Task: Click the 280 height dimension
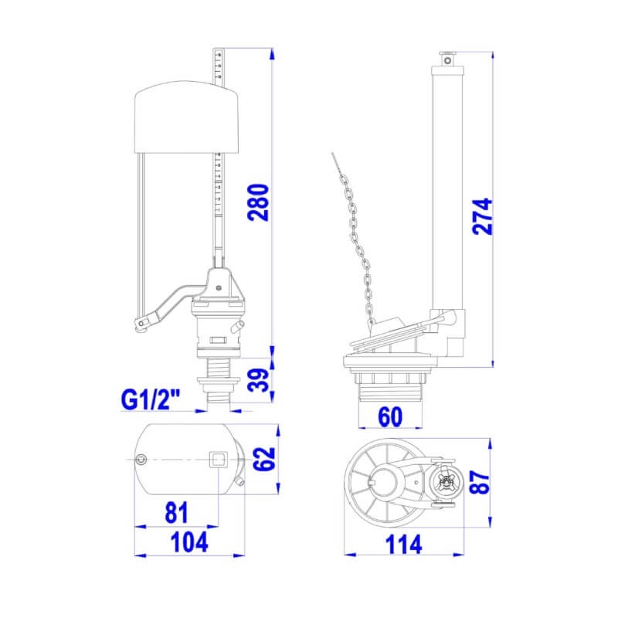258,202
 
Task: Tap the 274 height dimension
482,216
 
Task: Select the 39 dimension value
258,380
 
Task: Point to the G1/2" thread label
150,400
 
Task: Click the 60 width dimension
390,416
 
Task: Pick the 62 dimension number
263,458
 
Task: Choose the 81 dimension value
177,513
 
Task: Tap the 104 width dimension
189,542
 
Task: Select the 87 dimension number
480,481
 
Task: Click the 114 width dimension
403,545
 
